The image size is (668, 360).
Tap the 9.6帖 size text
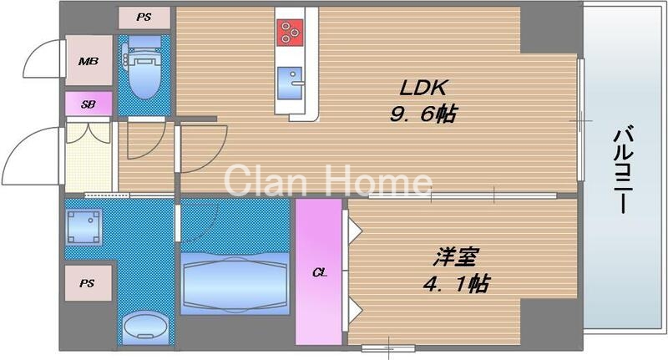[423, 115]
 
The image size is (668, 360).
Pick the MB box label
[88, 61]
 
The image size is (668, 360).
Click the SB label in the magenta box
[88, 104]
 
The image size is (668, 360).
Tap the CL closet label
[318, 273]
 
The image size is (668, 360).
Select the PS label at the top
[145, 16]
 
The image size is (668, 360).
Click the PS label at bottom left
[88, 283]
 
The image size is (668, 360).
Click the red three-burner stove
[289, 32]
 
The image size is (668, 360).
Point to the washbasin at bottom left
[145, 327]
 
